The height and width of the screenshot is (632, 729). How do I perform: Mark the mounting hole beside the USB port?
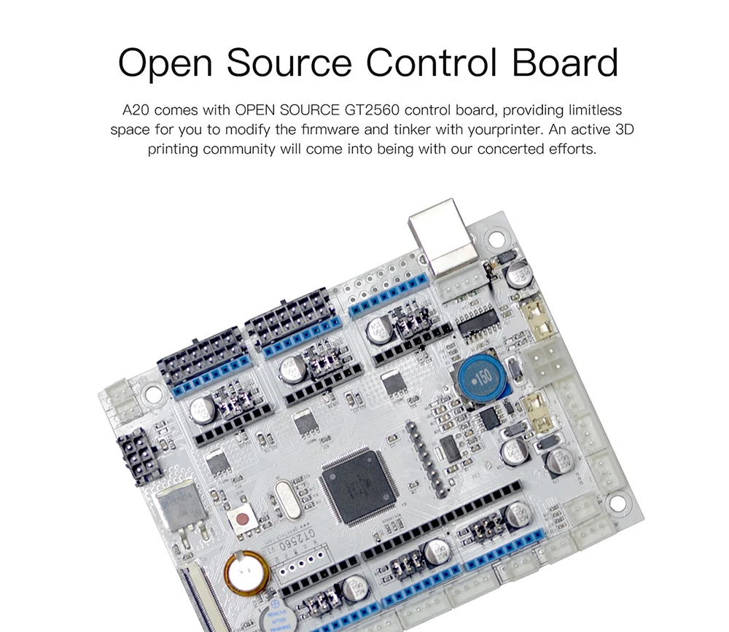click(x=496, y=238)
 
